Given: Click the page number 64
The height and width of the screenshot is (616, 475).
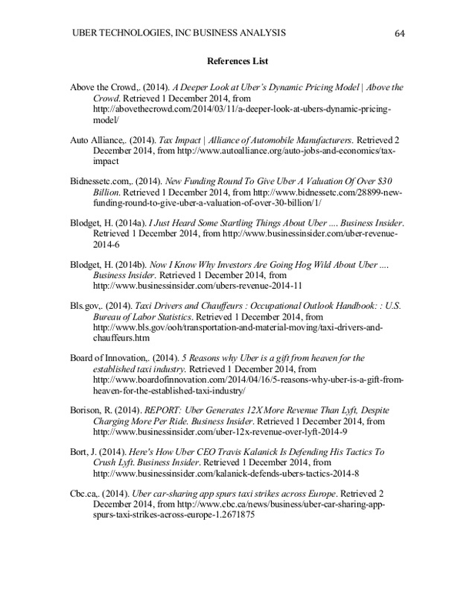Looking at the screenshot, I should click(x=399, y=32).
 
